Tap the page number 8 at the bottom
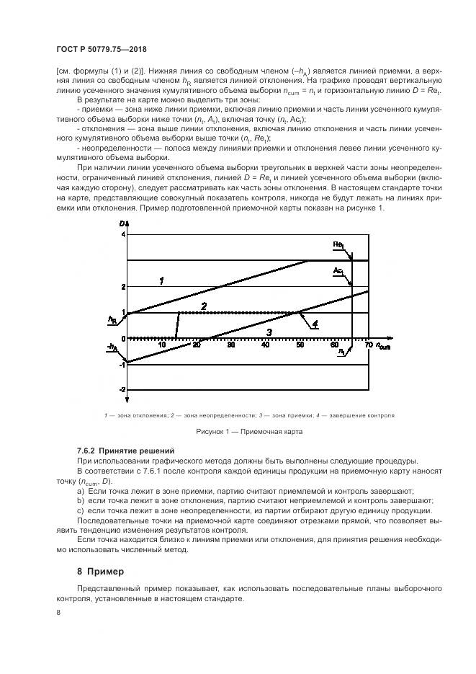coord(58,612)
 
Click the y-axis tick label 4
coord(123,235)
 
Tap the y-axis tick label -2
coord(122,390)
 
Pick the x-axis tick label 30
coord(231,345)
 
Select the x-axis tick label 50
coord(300,345)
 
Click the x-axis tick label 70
coord(369,345)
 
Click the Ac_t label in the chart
coord(338,270)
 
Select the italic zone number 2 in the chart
coord(204,306)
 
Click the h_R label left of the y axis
coord(112,318)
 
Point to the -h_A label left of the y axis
coord(110,348)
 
